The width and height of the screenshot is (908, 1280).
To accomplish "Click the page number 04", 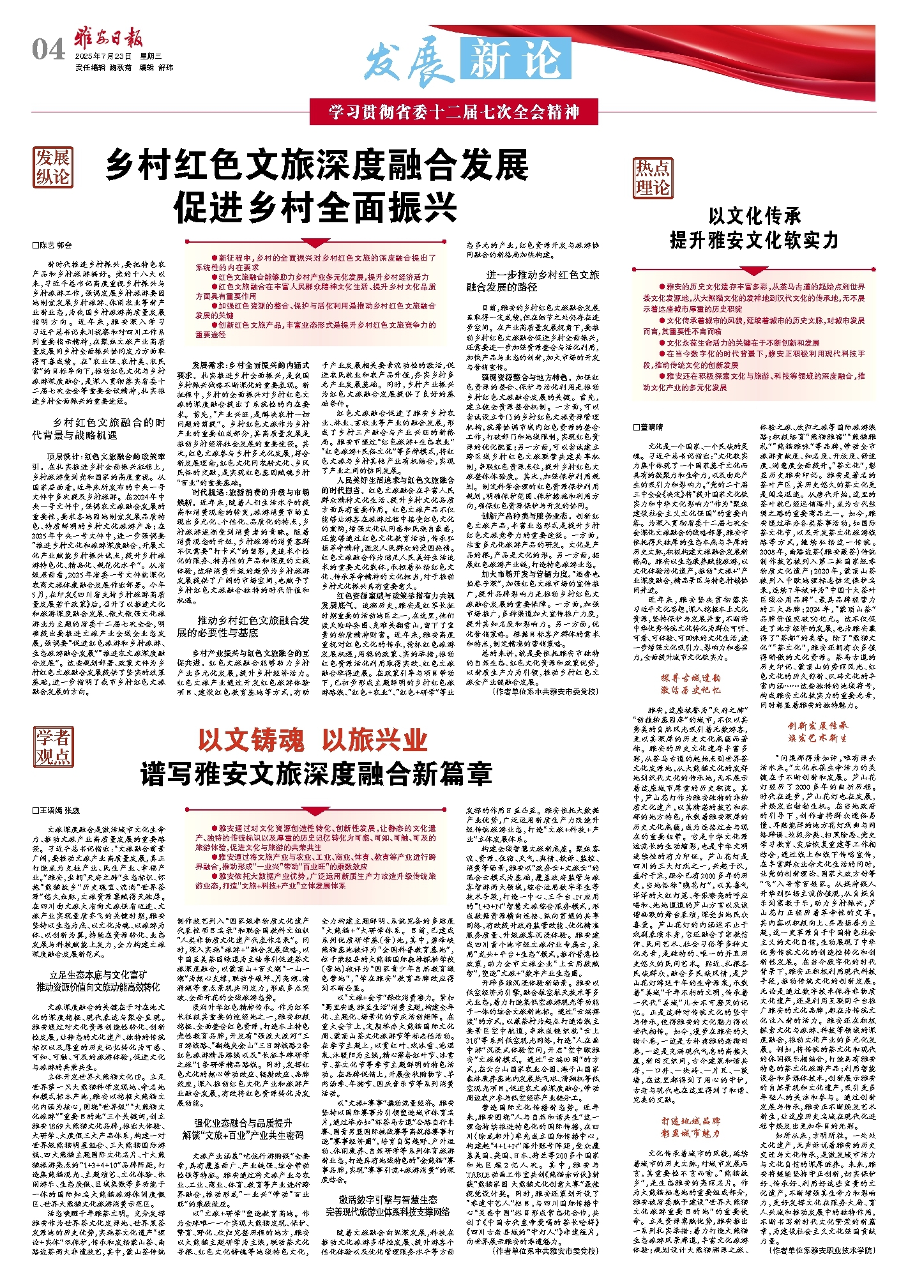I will coord(48,50).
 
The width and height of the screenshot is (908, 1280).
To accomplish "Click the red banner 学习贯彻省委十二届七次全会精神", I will coord(454,113).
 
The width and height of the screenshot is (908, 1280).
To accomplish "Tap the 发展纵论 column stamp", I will coord(53,167).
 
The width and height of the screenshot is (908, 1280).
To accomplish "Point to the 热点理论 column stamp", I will coord(653,178).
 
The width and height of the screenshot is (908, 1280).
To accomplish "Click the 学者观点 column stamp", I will coord(53,747).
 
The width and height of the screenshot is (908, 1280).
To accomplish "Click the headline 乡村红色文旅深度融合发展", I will coord(317,165).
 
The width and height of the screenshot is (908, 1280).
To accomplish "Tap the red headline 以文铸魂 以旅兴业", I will coord(312,740).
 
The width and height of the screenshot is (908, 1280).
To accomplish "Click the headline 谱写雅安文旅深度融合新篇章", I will coord(316,773).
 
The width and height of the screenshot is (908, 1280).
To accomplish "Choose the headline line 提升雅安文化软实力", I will coord(753,240).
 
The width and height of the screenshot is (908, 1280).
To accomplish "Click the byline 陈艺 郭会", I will coord(53,245).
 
